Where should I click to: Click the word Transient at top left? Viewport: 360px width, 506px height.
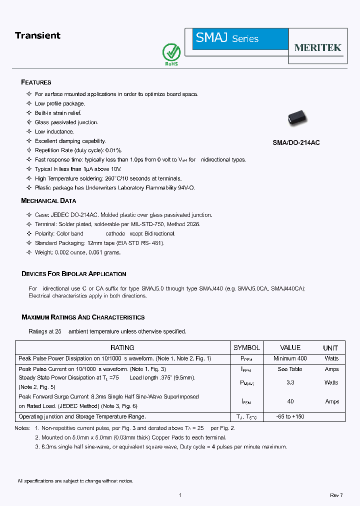[37, 35]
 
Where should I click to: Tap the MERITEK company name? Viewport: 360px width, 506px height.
[317, 47]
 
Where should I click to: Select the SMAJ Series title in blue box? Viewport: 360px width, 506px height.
[227, 38]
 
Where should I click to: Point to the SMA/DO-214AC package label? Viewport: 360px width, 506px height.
[296, 142]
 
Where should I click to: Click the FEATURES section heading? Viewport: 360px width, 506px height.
[36, 82]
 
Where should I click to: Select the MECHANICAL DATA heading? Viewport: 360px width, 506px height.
[48, 200]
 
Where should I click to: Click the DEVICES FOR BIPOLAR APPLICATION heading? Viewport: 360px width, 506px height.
[73, 273]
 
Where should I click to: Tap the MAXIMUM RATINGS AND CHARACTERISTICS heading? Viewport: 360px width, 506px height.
[83, 317]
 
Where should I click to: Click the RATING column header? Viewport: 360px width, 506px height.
[122, 347]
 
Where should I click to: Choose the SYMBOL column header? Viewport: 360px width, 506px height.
[246, 347]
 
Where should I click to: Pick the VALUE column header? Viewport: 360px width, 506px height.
[290, 347]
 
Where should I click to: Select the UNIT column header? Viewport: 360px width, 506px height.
[330, 347]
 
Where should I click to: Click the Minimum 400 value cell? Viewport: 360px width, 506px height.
[290, 358]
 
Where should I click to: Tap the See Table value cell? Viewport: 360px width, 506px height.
[290, 369]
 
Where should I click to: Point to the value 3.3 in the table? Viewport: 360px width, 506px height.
[290, 382]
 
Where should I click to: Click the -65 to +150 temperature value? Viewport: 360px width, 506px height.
[290, 416]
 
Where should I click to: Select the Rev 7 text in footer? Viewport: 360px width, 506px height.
[336, 495]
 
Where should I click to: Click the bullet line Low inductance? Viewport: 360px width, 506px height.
[54, 131]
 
